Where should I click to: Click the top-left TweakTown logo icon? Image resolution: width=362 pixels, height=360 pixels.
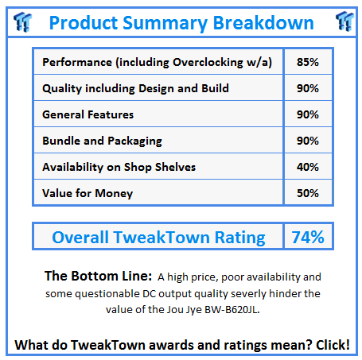click(22, 21)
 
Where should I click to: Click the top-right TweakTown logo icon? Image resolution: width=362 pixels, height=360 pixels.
click(343, 21)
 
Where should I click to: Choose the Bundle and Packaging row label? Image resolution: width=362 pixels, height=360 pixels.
click(102, 141)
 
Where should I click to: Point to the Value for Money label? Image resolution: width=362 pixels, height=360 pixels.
click(88, 193)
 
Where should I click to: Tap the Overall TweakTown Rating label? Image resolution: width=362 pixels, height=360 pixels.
click(158, 237)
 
